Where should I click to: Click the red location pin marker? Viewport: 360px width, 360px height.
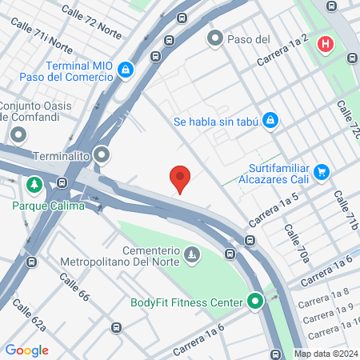pyautogui.click(x=180, y=178)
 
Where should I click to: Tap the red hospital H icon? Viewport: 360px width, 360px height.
pyautogui.click(x=325, y=44)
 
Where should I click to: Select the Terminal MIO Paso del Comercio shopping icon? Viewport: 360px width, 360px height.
pyautogui.click(x=125, y=71)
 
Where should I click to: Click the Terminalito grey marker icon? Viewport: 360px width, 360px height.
pyautogui.click(x=102, y=155)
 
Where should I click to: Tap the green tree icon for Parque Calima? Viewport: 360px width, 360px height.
pyautogui.click(x=34, y=186)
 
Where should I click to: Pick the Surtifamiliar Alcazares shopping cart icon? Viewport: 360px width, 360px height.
pyautogui.click(x=322, y=171)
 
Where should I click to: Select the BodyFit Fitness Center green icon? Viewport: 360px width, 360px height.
pyautogui.click(x=255, y=302)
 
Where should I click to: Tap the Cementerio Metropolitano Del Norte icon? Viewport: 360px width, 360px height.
pyautogui.click(x=192, y=256)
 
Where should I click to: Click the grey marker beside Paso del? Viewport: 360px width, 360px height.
pyautogui.click(x=214, y=38)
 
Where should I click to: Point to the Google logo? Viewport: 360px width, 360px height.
pyautogui.click(x=26, y=350)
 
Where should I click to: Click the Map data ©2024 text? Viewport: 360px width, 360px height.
pyautogui.click(x=325, y=354)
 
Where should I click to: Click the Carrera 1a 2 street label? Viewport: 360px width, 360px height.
pyautogui.click(x=282, y=51)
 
